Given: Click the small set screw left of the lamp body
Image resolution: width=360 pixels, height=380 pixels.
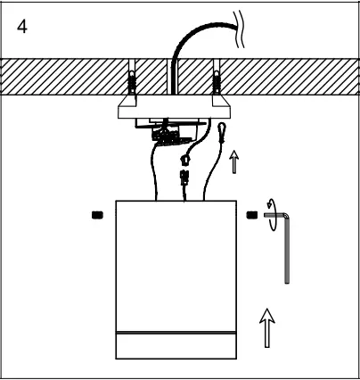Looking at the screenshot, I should [97, 214].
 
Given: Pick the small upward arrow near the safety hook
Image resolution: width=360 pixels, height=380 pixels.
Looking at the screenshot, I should [233, 161].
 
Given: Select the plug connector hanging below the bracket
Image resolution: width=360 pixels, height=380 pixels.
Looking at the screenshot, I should [184, 175].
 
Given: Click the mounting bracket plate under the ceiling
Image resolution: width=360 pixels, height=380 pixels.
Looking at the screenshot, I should [174, 111].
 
